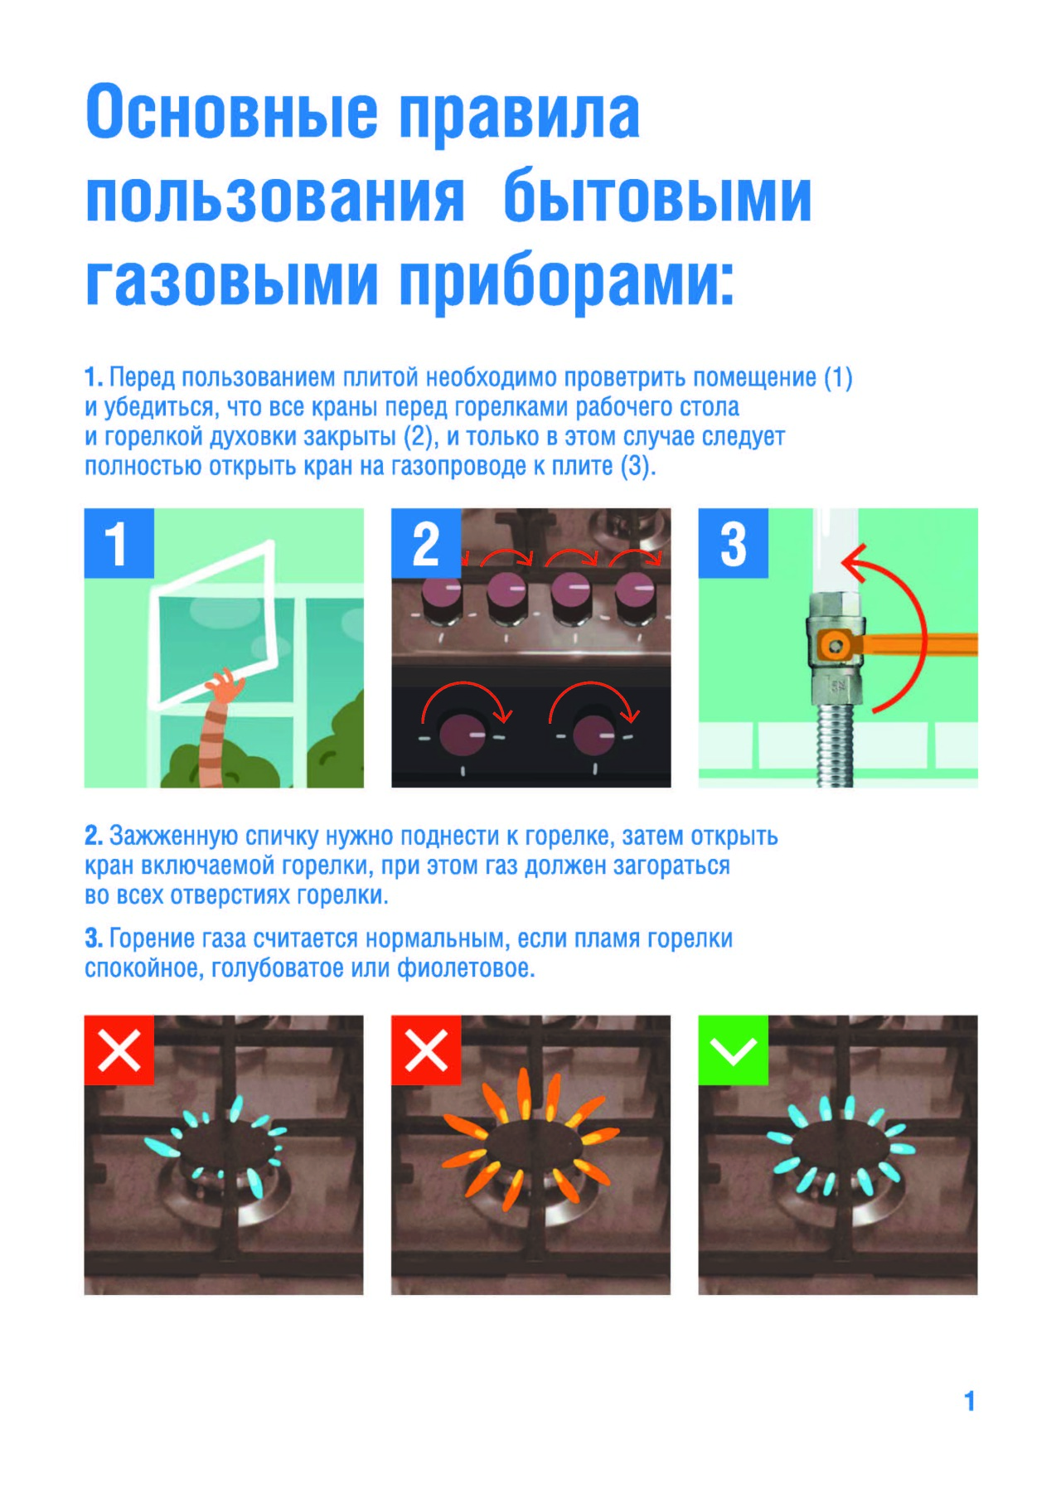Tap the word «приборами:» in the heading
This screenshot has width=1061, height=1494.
[x=567, y=282]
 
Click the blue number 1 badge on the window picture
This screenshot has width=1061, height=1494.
[x=119, y=543]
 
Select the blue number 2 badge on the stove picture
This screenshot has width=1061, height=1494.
[x=426, y=543]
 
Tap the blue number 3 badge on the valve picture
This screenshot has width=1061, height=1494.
[x=733, y=543]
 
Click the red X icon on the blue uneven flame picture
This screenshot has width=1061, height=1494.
[x=119, y=1050]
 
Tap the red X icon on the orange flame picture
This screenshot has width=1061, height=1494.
[x=426, y=1050]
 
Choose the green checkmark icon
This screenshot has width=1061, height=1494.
[x=733, y=1050]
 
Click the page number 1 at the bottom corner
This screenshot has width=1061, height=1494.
[x=969, y=1401]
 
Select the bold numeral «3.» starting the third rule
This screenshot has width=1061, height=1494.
[x=94, y=939]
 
